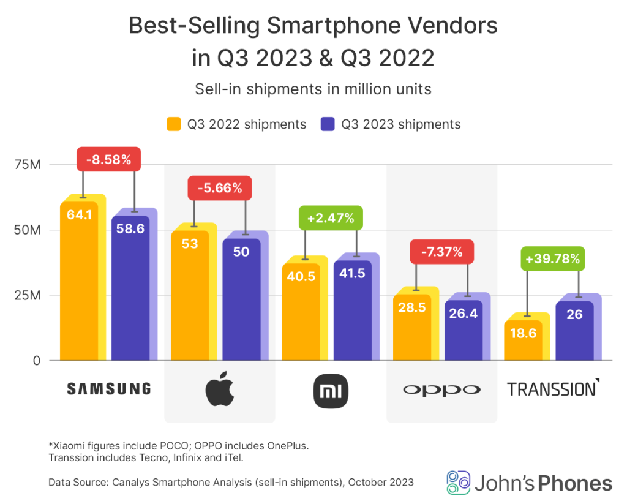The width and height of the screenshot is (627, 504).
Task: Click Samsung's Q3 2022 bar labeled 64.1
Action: (x=79, y=282)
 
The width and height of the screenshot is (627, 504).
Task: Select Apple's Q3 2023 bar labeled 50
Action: (x=241, y=300)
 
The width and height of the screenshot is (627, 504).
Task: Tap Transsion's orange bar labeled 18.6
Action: (x=523, y=340)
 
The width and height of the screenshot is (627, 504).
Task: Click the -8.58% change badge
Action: (x=108, y=159)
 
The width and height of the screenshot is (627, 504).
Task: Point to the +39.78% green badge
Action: (x=552, y=258)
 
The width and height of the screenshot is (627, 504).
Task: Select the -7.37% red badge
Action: (x=441, y=251)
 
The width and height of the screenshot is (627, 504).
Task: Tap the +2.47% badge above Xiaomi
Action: (x=331, y=217)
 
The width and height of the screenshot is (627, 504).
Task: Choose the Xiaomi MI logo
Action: (x=331, y=390)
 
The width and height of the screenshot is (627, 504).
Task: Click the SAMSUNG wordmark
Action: (x=108, y=388)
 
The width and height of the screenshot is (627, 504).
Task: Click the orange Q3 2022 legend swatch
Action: (x=174, y=124)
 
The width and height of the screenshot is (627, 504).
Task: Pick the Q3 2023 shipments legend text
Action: (x=400, y=124)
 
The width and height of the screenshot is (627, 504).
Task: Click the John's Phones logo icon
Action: (x=458, y=482)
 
